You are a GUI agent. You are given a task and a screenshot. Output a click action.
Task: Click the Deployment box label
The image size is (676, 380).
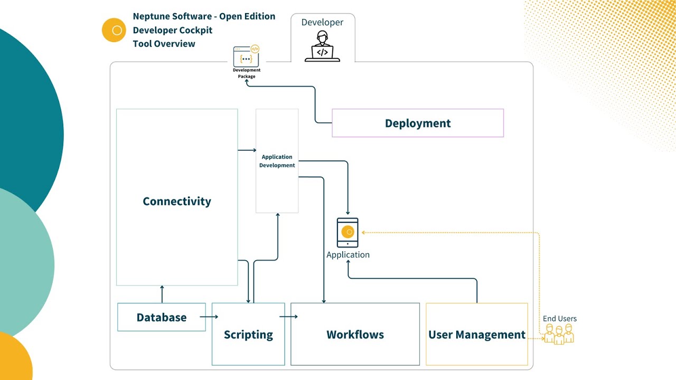coord(418,123)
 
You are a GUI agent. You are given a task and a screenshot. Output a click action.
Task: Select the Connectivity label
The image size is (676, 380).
coord(177,201)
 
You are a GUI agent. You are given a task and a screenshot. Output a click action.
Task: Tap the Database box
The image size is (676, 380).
coord(162,317)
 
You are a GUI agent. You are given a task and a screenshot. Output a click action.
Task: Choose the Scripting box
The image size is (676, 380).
coord(248,334)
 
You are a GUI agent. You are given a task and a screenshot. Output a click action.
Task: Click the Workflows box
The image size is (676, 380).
coord(355,334)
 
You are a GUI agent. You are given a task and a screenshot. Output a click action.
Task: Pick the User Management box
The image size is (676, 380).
coord(476,334)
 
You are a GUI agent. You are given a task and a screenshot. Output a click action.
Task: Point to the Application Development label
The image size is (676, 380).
coord(277,161)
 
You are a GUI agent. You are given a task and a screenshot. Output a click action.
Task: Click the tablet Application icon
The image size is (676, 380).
coord(348,233)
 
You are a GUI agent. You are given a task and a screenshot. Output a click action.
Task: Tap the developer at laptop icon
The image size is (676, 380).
coord(322,46)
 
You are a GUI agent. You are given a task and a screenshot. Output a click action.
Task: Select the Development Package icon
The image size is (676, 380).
coord(246,56)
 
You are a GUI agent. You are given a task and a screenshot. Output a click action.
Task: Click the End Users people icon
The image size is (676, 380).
coord(559,334)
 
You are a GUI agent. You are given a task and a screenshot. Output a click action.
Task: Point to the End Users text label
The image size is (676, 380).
coord(560,318)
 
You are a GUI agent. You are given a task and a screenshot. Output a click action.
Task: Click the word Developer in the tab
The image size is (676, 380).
coord(322,22)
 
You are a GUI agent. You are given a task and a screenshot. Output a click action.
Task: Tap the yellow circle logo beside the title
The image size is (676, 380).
coord(114,30)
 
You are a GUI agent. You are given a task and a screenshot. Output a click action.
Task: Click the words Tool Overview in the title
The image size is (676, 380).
coord(164,44)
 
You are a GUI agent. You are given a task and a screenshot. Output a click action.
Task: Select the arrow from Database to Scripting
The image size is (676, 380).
coord(209,317)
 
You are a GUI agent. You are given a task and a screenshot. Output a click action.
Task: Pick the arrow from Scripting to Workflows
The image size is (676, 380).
coord(288,317)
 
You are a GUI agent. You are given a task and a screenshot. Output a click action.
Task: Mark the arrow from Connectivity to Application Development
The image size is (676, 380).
coord(247,150)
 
